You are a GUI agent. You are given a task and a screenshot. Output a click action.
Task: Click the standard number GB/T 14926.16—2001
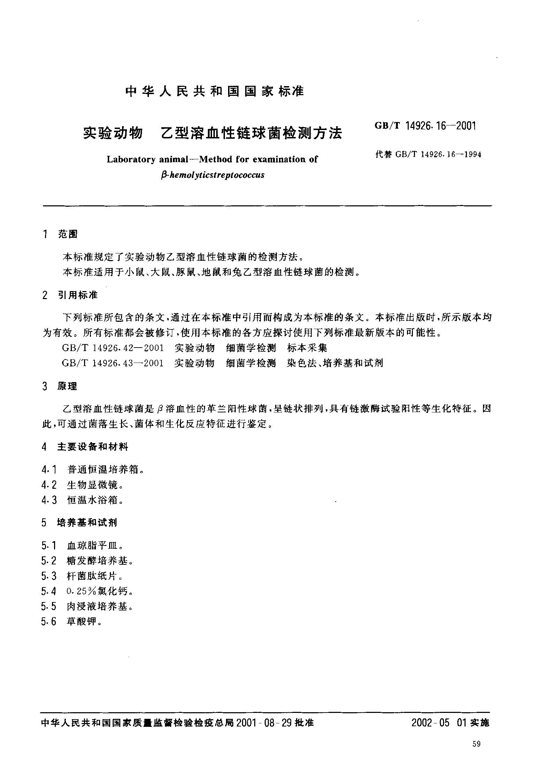(x=425, y=126)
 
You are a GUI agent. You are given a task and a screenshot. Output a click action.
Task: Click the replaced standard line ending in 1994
(x=428, y=154)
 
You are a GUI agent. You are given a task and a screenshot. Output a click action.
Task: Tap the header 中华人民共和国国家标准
(x=214, y=91)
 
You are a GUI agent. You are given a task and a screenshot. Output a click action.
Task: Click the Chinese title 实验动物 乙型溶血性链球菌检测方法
(x=212, y=133)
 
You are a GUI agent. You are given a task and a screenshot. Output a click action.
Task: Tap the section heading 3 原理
(x=59, y=386)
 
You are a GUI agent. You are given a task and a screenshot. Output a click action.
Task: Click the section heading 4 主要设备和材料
(x=85, y=447)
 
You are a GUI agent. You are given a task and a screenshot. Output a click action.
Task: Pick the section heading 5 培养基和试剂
(x=79, y=523)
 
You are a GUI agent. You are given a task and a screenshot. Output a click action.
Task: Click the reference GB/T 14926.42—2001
(x=113, y=348)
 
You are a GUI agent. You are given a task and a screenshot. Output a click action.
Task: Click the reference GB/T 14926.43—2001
(x=113, y=363)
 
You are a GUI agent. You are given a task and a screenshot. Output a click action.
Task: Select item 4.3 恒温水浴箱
(x=83, y=501)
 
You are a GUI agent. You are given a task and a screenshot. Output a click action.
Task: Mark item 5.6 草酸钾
(x=71, y=622)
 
